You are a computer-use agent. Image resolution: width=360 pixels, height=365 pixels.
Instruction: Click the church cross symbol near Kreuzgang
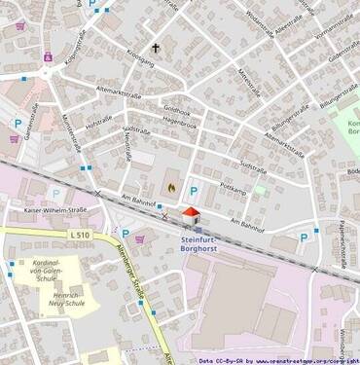tap(154, 47)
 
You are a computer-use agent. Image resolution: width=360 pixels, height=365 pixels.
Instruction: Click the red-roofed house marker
tap(191, 213)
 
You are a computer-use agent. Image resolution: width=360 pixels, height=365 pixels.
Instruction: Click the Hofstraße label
tap(100, 125)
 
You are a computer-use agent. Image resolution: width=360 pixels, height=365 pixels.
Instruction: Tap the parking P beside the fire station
tap(193, 192)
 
